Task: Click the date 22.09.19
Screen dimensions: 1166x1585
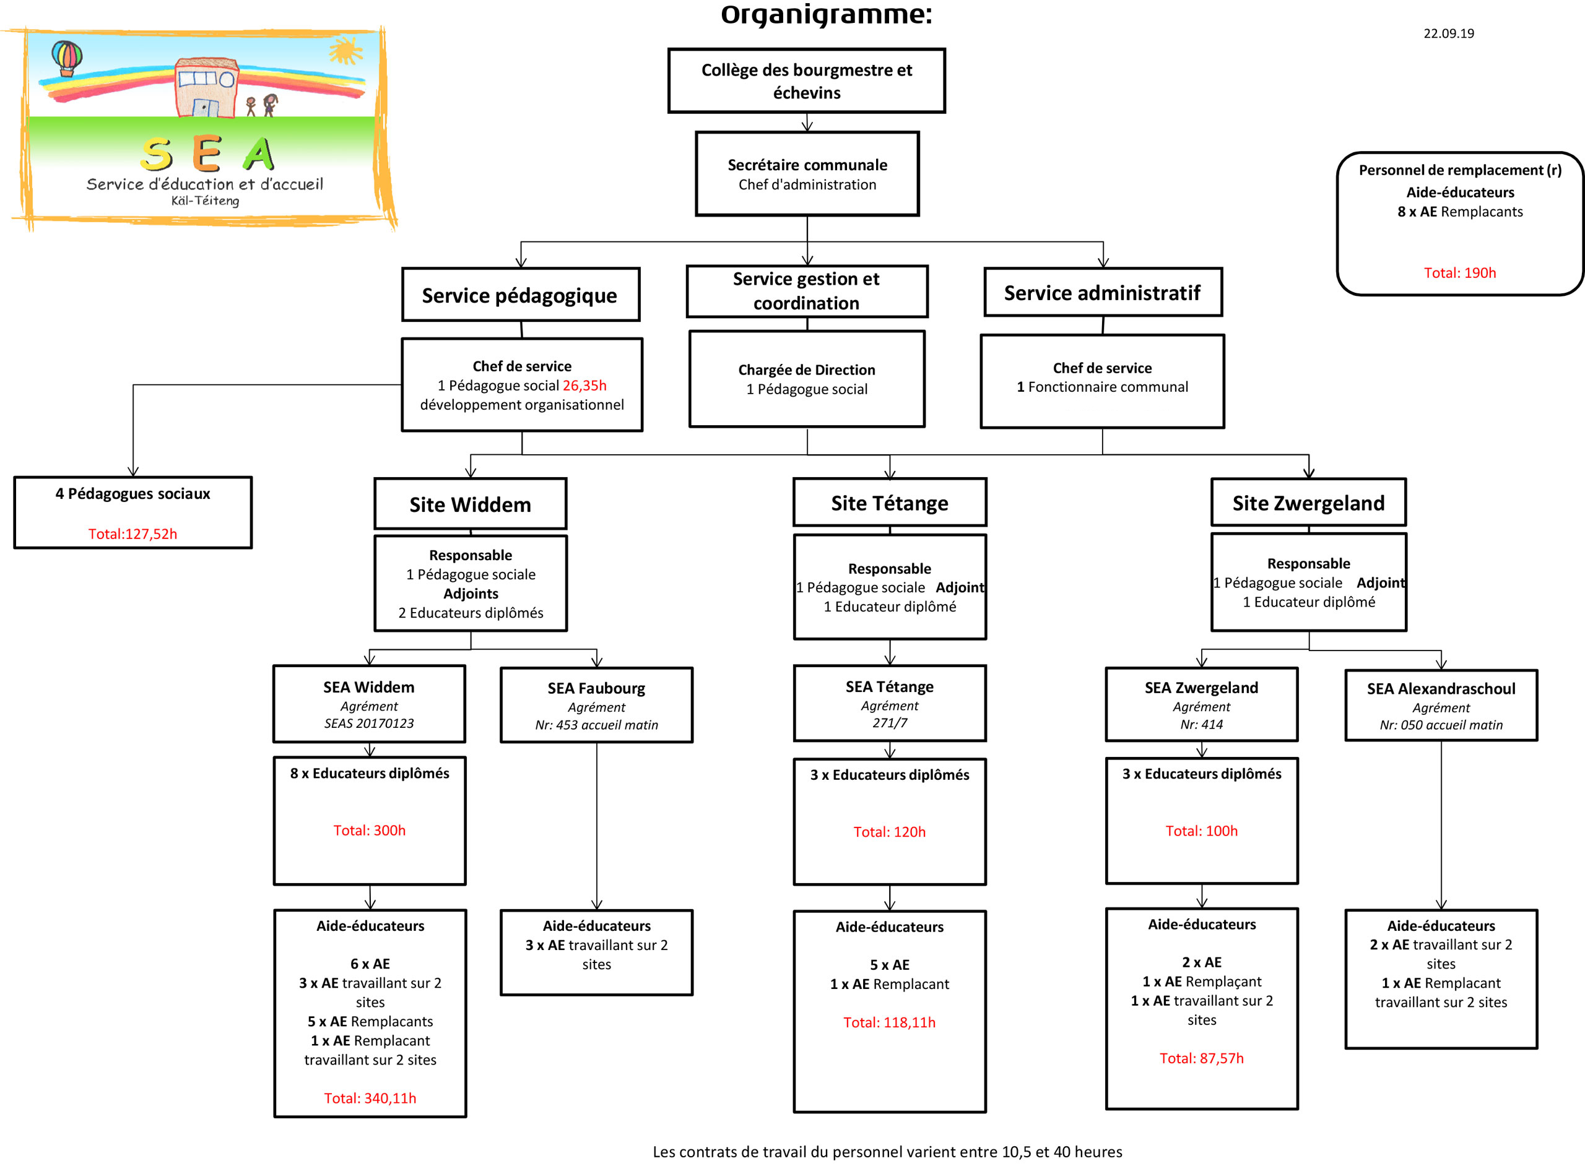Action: click(1448, 33)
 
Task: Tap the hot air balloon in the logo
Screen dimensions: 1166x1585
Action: click(66, 56)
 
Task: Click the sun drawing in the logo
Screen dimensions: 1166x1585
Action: click(345, 50)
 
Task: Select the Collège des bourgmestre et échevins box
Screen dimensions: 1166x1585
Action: click(806, 80)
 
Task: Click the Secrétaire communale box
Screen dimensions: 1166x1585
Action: click(807, 174)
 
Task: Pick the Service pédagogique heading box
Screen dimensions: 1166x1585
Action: click(519, 295)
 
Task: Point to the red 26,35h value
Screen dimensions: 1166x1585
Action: click(584, 386)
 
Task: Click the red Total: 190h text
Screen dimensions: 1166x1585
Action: click(1459, 272)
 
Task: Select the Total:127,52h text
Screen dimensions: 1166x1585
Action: click(132, 533)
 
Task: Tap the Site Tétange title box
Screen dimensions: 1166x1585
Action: click(889, 503)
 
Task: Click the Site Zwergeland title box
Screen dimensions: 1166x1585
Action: click(1308, 503)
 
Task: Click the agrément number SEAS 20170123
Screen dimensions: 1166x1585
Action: click(368, 723)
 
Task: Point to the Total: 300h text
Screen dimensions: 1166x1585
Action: click(369, 830)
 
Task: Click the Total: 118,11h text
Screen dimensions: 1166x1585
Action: click(889, 1022)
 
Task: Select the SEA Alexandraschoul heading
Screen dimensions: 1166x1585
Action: click(1440, 688)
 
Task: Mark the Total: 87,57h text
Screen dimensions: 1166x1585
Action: click(1201, 1058)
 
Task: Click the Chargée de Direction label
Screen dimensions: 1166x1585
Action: click(806, 370)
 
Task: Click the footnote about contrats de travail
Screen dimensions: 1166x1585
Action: click(887, 1151)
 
